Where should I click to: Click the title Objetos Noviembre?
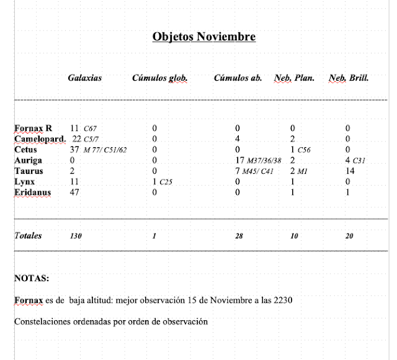click(x=204, y=37)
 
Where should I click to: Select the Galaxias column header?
click(x=85, y=79)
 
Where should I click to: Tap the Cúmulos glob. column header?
click(x=159, y=79)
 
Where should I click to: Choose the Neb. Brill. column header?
click(x=349, y=79)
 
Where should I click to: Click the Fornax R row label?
click(x=33, y=128)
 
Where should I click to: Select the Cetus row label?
click(x=25, y=150)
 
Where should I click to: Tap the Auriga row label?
click(x=27, y=160)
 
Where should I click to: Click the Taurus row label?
click(x=28, y=171)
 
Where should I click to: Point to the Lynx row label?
click(x=24, y=181)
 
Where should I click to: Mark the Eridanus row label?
click(x=32, y=192)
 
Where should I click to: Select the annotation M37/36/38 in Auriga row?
click(x=264, y=161)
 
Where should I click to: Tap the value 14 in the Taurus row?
click(x=351, y=171)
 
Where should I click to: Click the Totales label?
click(x=28, y=236)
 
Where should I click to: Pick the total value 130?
click(x=76, y=236)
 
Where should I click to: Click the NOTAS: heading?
click(x=31, y=279)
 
